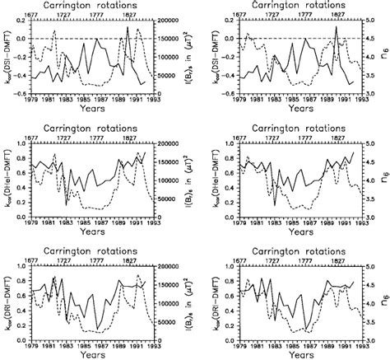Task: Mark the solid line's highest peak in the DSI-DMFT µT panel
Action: [x=128, y=27]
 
